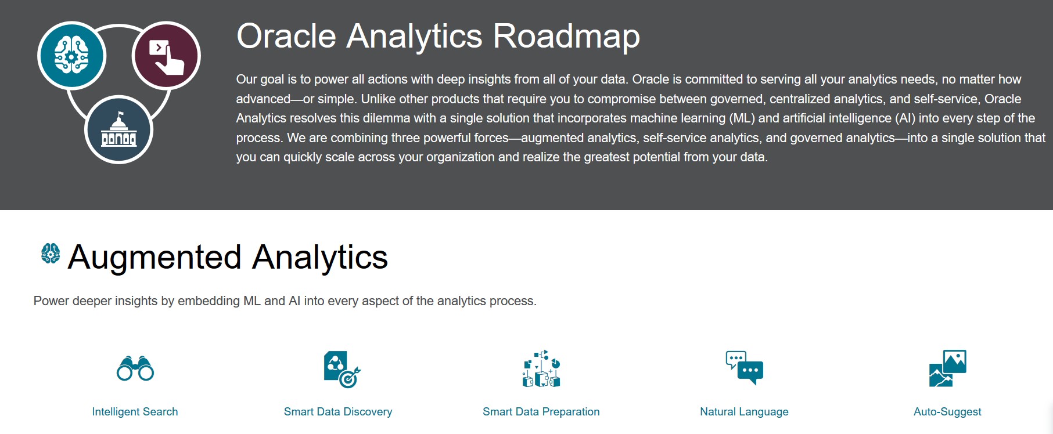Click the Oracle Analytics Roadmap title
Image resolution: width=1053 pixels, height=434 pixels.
[x=438, y=36]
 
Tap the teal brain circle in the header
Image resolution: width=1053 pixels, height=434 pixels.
[x=71, y=56]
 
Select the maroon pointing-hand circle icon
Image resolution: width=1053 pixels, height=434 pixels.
[x=166, y=56]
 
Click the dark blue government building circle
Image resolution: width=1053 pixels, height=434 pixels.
[x=118, y=129]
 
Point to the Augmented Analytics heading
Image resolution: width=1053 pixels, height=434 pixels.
[x=228, y=257]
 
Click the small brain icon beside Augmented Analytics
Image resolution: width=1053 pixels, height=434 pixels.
[x=51, y=254]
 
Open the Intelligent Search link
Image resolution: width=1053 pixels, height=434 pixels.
[x=135, y=411]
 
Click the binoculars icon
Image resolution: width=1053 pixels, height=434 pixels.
[x=135, y=368]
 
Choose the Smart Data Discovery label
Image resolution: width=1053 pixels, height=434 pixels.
[x=338, y=411]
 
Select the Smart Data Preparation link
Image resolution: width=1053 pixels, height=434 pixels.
[x=541, y=411]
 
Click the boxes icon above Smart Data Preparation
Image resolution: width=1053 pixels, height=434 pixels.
[x=541, y=368]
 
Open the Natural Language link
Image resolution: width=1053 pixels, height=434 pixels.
[x=744, y=411]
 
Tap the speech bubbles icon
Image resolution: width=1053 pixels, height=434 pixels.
[x=745, y=368]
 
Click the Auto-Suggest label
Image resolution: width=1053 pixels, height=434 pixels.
[x=947, y=411]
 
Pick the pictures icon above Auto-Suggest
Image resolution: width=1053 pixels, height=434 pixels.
[x=948, y=368]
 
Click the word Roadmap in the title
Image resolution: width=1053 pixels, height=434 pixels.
[x=567, y=36]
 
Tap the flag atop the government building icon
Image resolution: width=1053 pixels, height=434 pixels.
[x=121, y=114]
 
